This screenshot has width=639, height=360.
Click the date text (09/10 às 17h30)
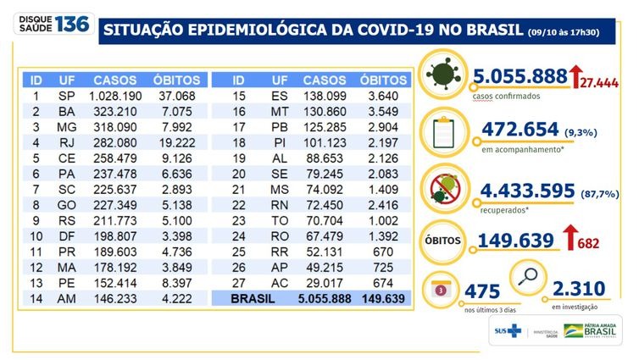click(x=575, y=32)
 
